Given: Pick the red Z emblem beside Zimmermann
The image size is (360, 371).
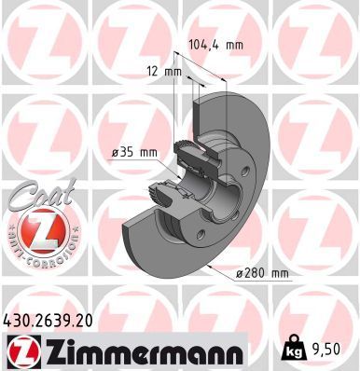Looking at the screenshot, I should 22,350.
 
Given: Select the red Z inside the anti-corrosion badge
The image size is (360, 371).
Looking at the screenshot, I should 39,229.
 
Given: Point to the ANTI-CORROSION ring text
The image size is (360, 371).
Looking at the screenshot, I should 39,252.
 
